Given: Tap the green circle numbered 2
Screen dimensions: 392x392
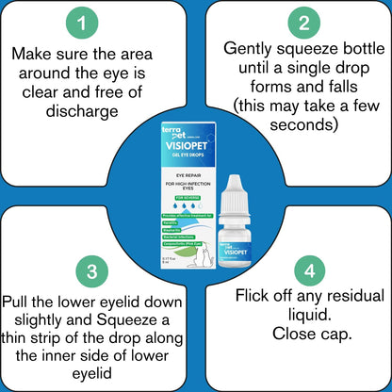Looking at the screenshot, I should point(302,23).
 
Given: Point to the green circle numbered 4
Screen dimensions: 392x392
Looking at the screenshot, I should point(302,270).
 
